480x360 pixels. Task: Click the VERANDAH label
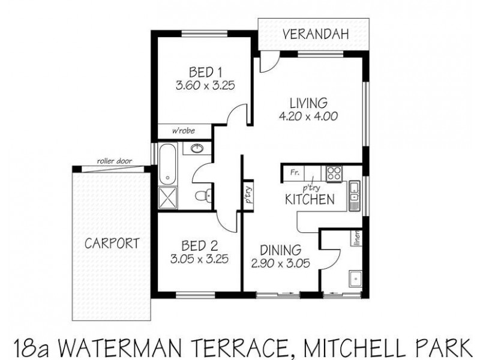315,35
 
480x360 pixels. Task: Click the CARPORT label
112,244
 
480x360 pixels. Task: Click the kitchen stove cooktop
334,173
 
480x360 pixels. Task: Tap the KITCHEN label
309,200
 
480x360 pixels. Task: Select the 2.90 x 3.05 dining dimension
284,262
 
